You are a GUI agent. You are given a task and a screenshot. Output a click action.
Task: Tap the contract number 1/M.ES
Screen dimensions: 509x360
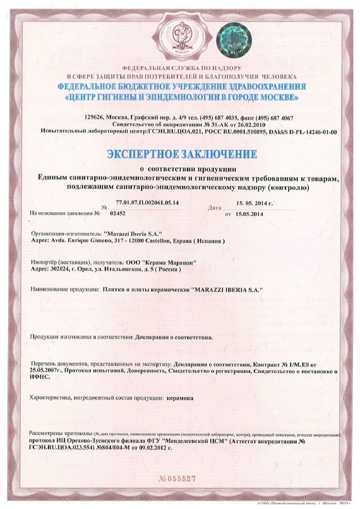coord(302,364)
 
